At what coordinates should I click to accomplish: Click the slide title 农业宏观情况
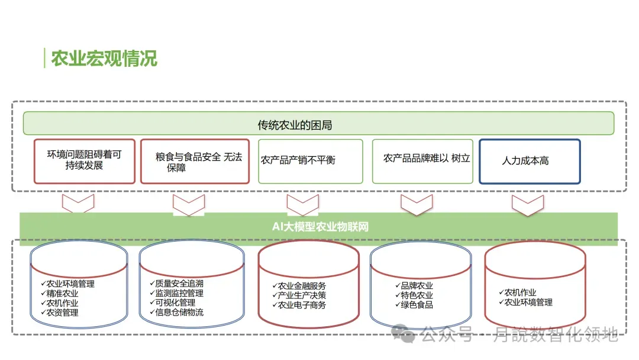coord(104,59)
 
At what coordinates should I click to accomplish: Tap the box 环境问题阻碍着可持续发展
coord(85,160)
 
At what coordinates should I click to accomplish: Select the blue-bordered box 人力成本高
coord(529,161)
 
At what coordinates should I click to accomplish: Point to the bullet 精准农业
coord(62,293)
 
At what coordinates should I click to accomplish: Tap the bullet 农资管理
coord(62,312)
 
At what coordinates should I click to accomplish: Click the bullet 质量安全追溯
coord(179,284)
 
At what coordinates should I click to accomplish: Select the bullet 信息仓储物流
coord(179,312)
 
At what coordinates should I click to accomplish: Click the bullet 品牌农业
coord(417,285)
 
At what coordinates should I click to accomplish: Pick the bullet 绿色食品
coord(417,304)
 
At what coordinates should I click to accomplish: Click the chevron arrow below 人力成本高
coord(527,205)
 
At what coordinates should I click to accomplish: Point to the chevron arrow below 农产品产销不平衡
coord(303,205)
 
